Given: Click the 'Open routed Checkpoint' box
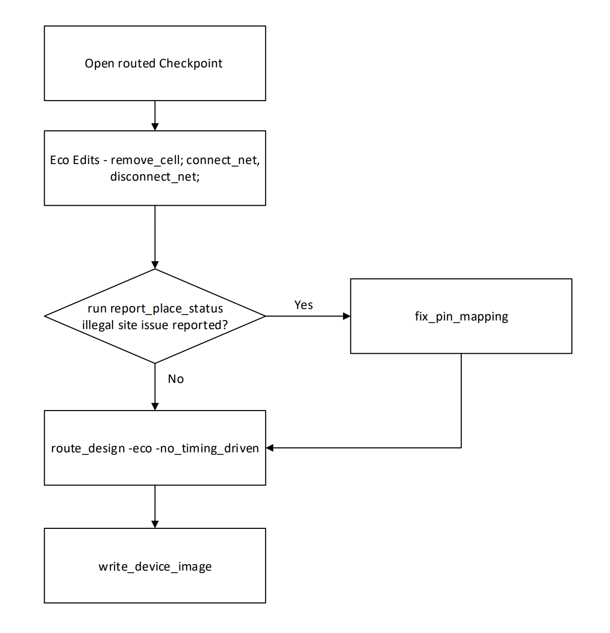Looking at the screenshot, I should [x=155, y=81].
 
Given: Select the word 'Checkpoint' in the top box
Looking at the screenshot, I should [x=191, y=63].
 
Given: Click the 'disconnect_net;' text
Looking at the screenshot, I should [x=155, y=177].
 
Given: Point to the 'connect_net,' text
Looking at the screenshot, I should [x=223, y=160].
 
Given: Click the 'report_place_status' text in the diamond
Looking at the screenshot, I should [x=166, y=308].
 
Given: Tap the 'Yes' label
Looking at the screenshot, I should [x=303, y=305].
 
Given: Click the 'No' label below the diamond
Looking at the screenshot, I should [x=176, y=379].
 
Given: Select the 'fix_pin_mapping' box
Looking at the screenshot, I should [x=461, y=332].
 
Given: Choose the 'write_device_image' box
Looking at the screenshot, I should [x=155, y=584].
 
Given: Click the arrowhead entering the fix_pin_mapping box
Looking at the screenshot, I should [x=346, y=316].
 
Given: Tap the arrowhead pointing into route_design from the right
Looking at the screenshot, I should [x=270, y=448].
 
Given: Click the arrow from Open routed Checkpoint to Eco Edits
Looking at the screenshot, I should [x=155, y=115].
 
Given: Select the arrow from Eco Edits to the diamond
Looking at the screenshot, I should [x=155, y=236].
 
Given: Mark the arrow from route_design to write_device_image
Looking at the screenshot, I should [x=155, y=506].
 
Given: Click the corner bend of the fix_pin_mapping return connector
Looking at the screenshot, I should [x=461, y=448].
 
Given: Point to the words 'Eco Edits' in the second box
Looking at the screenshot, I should [x=75, y=160].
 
